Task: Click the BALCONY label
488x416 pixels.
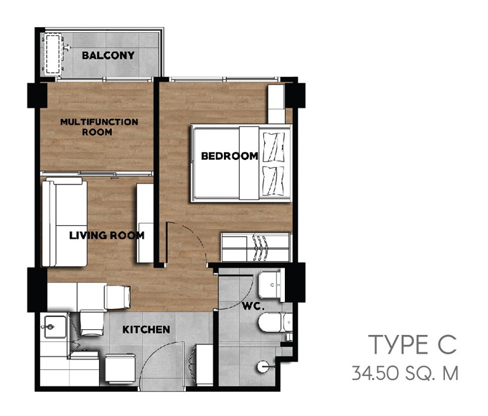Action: tap(108, 55)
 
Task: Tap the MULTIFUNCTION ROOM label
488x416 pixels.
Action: tap(99, 127)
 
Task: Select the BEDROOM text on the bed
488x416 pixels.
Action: tap(230, 156)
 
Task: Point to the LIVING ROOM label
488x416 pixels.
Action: tap(107, 235)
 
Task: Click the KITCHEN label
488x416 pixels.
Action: tap(146, 329)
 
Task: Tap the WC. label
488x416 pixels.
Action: tap(253, 306)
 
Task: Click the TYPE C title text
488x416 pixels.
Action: tap(413, 345)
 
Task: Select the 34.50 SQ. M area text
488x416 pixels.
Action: tap(405, 373)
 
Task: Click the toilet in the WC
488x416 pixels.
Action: tap(276, 322)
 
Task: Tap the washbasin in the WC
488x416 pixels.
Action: tap(271, 285)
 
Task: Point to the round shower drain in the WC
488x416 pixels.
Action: tap(263, 367)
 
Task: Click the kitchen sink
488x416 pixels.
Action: tap(55, 326)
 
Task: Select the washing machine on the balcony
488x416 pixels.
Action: tap(52, 55)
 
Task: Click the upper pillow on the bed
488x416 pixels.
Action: tap(274, 147)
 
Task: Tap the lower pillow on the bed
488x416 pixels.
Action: tap(274, 181)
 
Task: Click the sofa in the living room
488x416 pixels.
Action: tap(65, 222)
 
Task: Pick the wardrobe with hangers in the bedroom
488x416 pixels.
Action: tap(256, 247)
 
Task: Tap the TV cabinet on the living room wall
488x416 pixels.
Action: tap(145, 223)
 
